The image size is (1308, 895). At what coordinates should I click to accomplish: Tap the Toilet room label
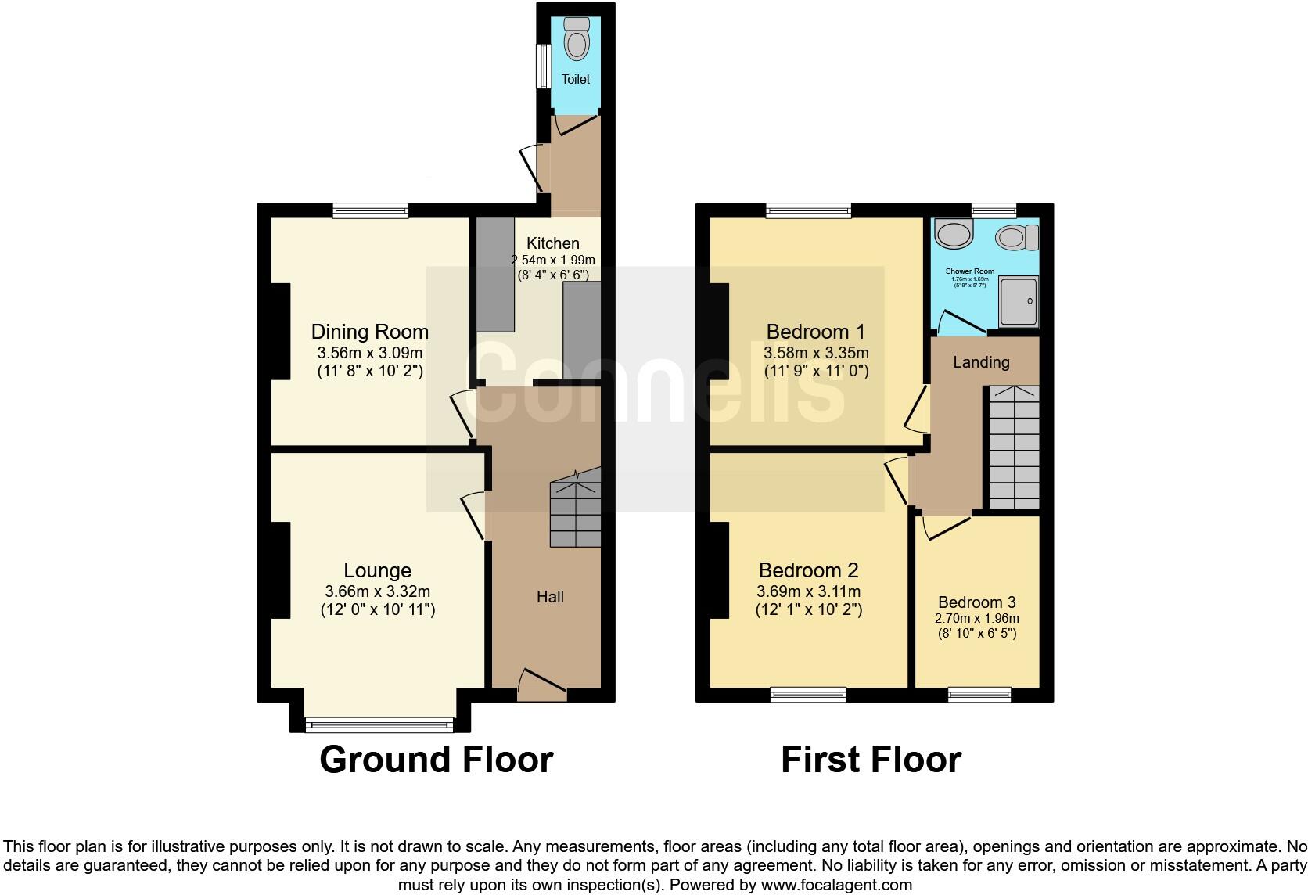coord(576,79)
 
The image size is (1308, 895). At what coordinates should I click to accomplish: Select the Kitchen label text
coord(552,243)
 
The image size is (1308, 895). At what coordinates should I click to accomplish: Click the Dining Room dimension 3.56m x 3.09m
coord(369,352)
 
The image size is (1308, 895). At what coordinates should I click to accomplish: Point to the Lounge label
coord(378,570)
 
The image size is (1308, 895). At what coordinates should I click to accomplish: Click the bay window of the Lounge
coord(379,724)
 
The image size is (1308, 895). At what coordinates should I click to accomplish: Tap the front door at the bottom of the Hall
coord(541,683)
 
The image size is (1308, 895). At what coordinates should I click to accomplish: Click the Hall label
coord(550,597)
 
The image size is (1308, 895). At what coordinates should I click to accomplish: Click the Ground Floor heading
coord(436,760)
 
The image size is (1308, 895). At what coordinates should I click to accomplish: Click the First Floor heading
coord(871,760)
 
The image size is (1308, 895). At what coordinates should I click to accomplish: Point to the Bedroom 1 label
coord(816,331)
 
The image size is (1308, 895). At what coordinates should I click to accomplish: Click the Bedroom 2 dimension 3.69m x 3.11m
coord(809,591)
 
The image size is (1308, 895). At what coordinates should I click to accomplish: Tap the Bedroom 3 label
coord(977,602)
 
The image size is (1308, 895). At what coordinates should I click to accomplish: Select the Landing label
coord(981,362)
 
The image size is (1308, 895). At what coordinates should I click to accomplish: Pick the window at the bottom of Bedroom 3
coord(979,694)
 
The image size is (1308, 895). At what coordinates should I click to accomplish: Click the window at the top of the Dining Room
coord(370,210)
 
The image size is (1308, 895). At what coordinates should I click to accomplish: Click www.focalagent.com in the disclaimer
coord(836,886)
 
